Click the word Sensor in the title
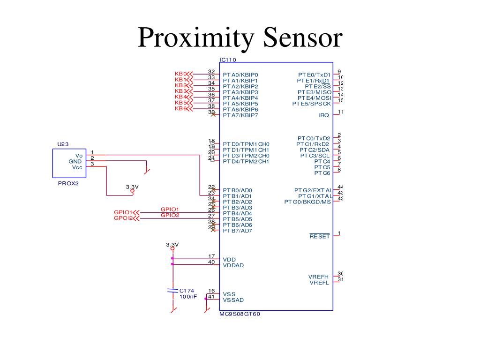pos(302,38)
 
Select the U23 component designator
pos(63,144)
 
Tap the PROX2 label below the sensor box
pos(68,184)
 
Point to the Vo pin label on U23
pos(79,155)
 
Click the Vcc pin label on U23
pos(77,167)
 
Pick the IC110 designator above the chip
pos(228,60)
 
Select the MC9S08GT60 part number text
pos(240,314)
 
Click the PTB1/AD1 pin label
pos(237,196)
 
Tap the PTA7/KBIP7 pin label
pos(240,115)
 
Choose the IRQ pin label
pos(324,115)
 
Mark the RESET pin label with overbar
pos(320,236)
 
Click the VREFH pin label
pos(319,277)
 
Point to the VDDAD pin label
pos(233,265)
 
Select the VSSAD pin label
pos(233,300)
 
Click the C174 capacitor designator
pos(187,291)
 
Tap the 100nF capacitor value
pos(188,297)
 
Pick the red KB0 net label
pos(180,74)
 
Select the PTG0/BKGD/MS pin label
pos(307,202)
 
